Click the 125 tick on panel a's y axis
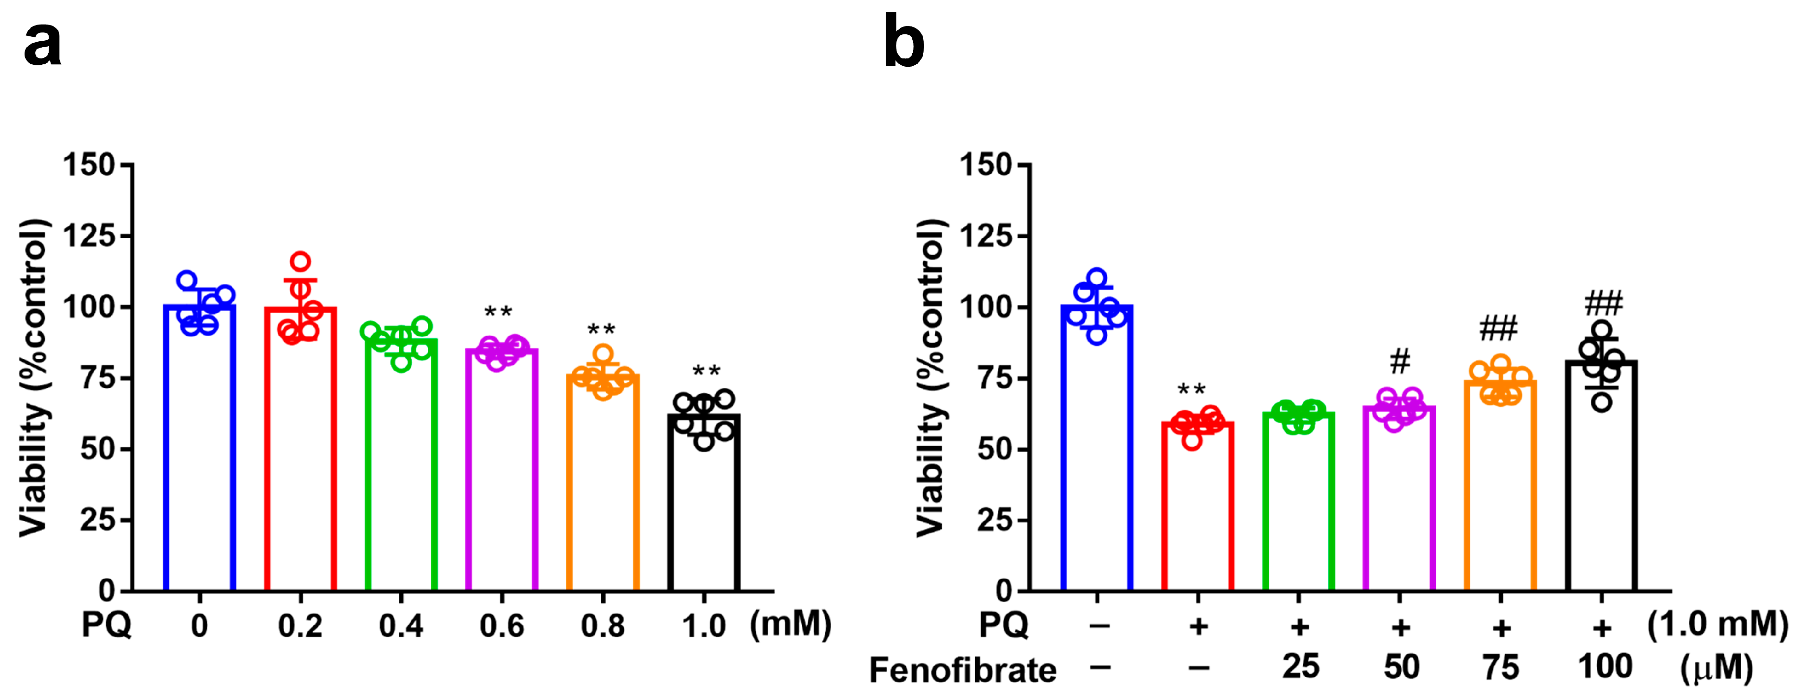pyautogui.click(x=97, y=236)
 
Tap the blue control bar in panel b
pyautogui.click(x=1097, y=453)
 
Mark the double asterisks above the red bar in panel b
pyautogui.click(x=1192, y=389)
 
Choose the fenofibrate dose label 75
pyautogui.click(x=1500, y=668)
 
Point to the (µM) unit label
pyautogui.click(x=1715, y=669)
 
